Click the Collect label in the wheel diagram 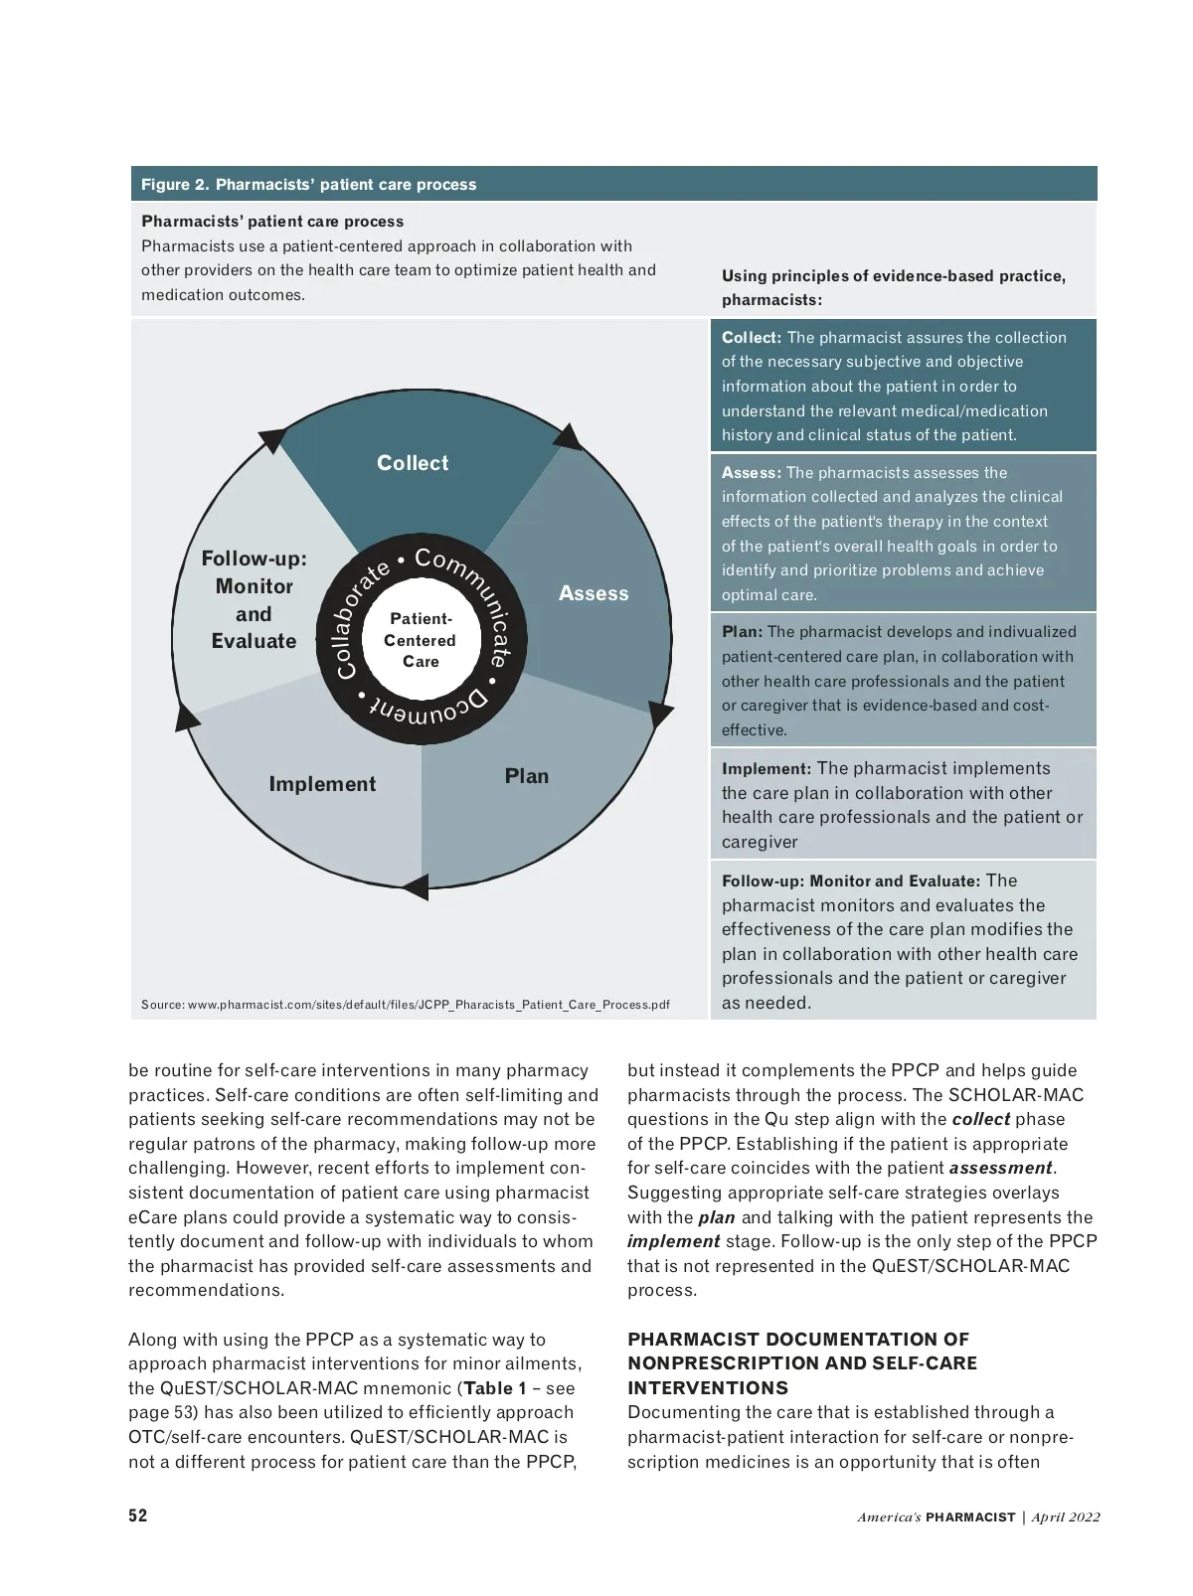(x=413, y=463)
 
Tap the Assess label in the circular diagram (x=594, y=593)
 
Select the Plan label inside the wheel (x=526, y=776)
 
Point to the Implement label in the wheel (x=322, y=784)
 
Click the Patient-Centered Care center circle (x=421, y=640)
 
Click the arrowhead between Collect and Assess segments (x=568, y=437)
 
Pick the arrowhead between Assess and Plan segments (x=660, y=713)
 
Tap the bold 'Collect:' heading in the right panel (x=752, y=338)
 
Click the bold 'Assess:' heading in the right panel (x=752, y=473)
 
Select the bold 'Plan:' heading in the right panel (x=742, y=632)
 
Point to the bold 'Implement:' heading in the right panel (x=767, y=768)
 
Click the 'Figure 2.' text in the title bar (x=174, y=185)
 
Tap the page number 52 (x=138, y=1516)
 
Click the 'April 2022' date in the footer (x=1066, y=1517)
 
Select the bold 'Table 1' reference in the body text (x=494, y=1388)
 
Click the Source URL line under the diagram (x=406, y=1005)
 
